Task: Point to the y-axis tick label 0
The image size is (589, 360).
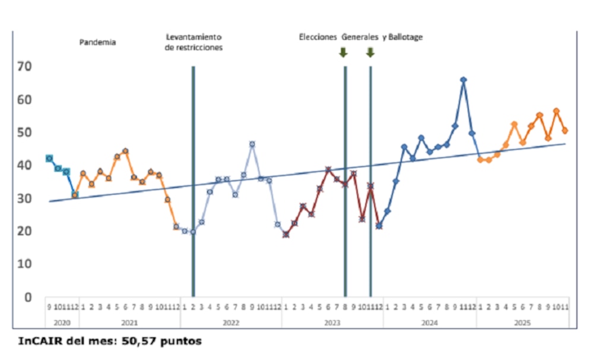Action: click(27, 297)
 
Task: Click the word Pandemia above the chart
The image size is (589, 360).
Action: click(97, 42)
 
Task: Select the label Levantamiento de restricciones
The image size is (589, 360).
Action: click(194, 42)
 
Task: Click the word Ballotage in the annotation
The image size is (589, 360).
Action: click(406, 37)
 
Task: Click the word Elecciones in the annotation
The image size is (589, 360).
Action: click(318, 37)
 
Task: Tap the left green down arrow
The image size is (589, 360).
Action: click(343, 52)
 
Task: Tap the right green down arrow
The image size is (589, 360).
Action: click(370, 52)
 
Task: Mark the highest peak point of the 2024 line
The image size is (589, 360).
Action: click(463, 80)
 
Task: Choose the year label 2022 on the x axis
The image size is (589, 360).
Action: click(231, 323)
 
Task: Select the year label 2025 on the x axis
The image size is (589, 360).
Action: click(522, 323)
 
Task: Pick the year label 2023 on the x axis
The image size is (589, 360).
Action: click(332, 323)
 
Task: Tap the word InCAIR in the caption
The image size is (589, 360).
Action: click(37, 342)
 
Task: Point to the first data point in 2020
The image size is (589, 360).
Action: click(49, 158)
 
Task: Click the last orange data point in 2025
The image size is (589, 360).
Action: click(565, 130)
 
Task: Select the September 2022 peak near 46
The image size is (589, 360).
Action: click(252, 144)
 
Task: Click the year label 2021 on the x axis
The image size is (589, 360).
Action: click(129, 323)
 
